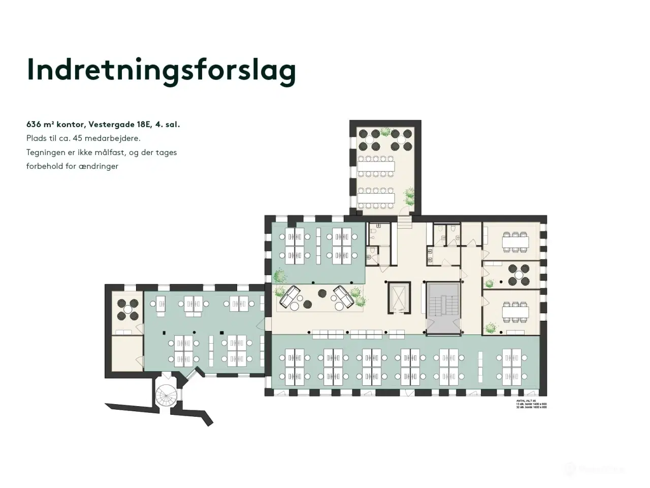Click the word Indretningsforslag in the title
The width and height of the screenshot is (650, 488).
(x=161, y=70)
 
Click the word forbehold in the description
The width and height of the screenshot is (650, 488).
(x=44, y=166)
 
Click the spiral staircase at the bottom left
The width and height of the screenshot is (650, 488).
(x=167, y=394)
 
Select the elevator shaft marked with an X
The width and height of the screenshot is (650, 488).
(x=398, y=297)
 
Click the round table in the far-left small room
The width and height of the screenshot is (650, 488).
(x=127, y=310)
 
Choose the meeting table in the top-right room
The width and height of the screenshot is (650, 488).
(x=515, y=242)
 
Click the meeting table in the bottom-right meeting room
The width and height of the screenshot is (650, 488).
(x=515, y=311)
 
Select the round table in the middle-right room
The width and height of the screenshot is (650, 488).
(x=518, y=275)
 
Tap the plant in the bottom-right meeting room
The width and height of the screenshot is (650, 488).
(x=490, y=328)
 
